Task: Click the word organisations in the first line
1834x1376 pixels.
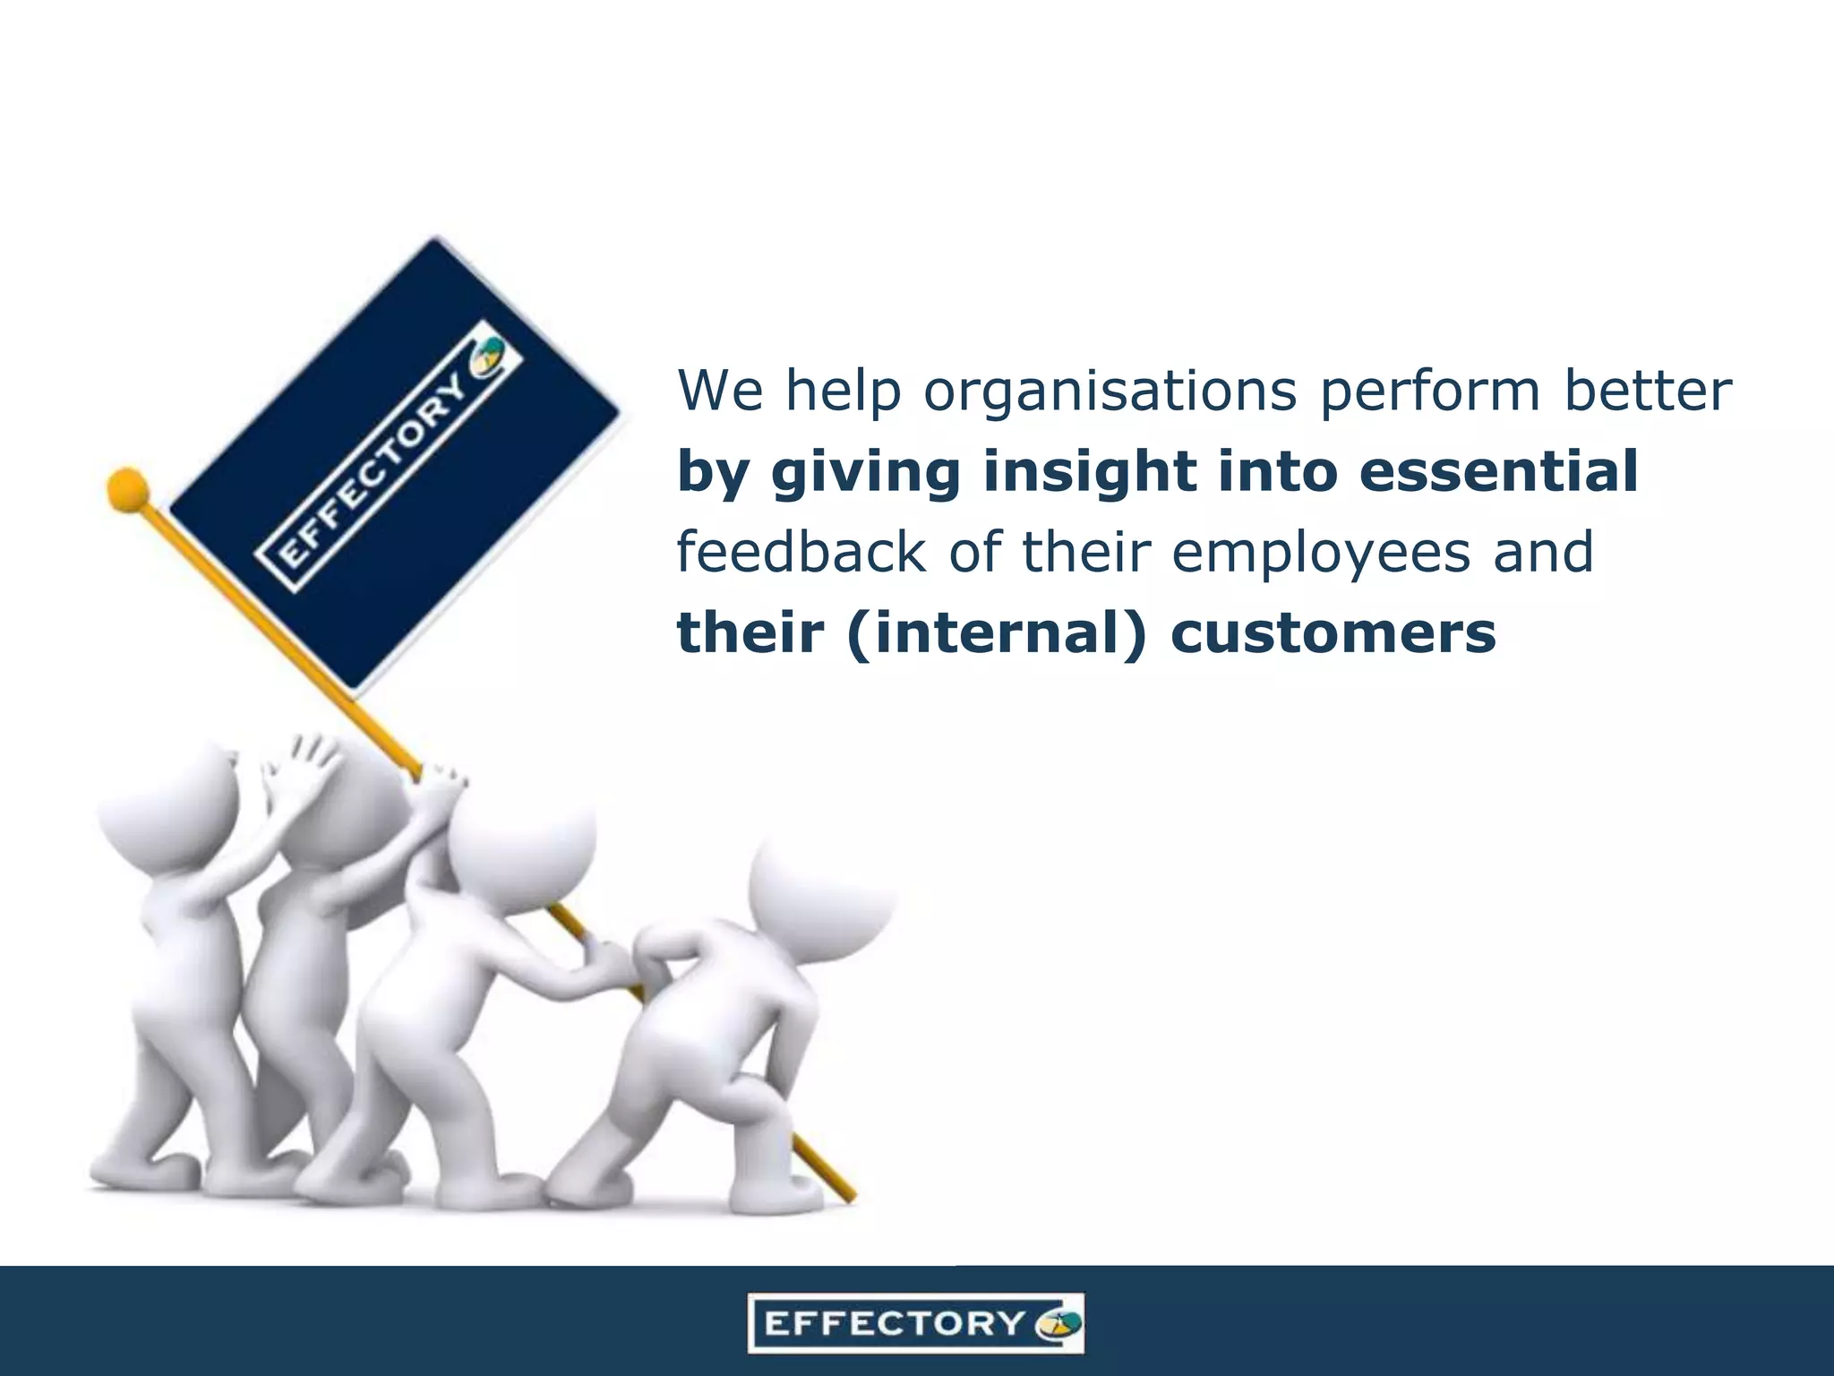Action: coord(1110,392)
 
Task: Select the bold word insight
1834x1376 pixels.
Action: coord(1089,472)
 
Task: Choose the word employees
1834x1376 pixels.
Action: coord(1320,554)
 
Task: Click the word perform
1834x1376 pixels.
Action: coord(1429,392)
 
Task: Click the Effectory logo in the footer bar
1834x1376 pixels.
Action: coord(915,1322)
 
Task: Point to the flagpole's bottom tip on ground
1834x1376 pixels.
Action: coord(851,1197)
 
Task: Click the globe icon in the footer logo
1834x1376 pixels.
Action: coord(1058,1323)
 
